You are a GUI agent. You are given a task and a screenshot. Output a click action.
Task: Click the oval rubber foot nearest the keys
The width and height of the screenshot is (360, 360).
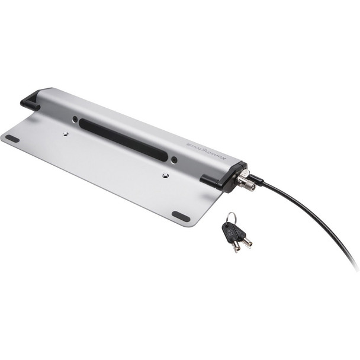pyautogui.click(x=181, y=216)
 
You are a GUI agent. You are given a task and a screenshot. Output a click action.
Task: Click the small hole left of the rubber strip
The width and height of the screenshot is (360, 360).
pyautogui.click(x=75, y=119)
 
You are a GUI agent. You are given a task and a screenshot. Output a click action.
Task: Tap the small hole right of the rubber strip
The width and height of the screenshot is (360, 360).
pyautogui.click(x=173, y=160)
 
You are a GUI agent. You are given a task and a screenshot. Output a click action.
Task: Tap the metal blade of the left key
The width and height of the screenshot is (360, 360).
pyautogui.click(x=236, y=245)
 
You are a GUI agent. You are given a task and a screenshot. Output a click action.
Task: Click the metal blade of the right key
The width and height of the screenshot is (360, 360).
pyautogui.click(x=246, y=242)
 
